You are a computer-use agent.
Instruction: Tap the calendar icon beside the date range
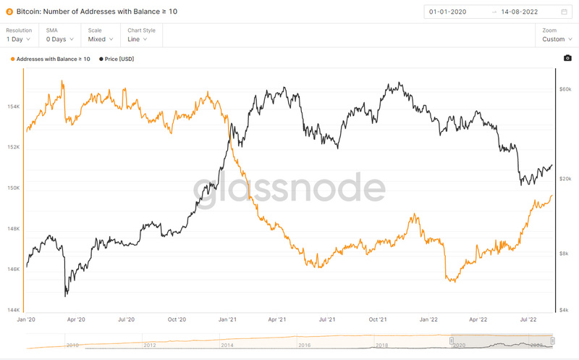pyautogui.click(x=564, y=12)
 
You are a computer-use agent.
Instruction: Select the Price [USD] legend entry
pyautogui.click(x=119, y=59)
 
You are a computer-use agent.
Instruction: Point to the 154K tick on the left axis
pyautogui.click(x=12, y=107)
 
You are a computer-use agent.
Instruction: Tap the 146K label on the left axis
pyautogui.click(x=12, y=269)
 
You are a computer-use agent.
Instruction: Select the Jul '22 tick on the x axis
pyautogui.click(x=529, y=319)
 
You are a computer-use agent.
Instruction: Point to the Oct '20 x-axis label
pyautogui.click(x=177, y=319)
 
